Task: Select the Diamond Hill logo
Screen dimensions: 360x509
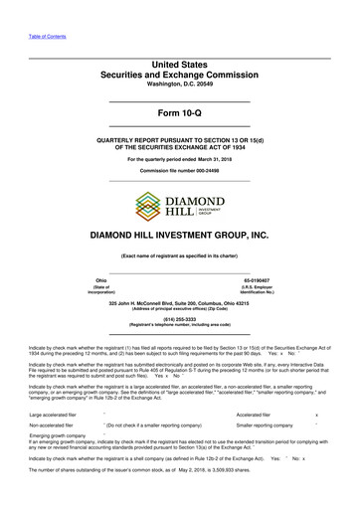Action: click(179, 205)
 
